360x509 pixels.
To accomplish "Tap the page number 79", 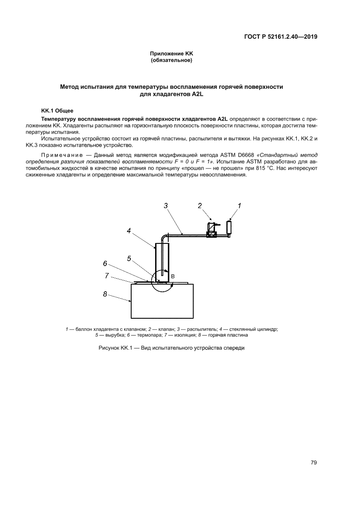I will [x=313, y=462].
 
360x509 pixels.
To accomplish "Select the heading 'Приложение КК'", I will [x=171, y=54].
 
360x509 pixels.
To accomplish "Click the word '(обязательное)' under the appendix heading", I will [x=171, y=60].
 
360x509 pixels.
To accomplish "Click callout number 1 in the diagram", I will [x=239, y=205].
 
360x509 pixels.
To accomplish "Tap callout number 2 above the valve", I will [x=200, y=206].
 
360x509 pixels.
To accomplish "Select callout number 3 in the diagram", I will [x=166, y=206].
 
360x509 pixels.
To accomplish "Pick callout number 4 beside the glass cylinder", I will [x=129, y=231].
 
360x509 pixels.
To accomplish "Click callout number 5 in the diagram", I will [x=129, y=258].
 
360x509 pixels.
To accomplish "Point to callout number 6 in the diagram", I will [x=105, y=263].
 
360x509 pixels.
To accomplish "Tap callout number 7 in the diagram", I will [x=107, y=275].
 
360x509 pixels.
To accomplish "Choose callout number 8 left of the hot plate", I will [x=105, y=294].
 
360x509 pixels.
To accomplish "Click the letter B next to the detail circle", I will [x=172, y=276].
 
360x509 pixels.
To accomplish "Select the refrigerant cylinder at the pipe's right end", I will [x=229, y=227].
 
